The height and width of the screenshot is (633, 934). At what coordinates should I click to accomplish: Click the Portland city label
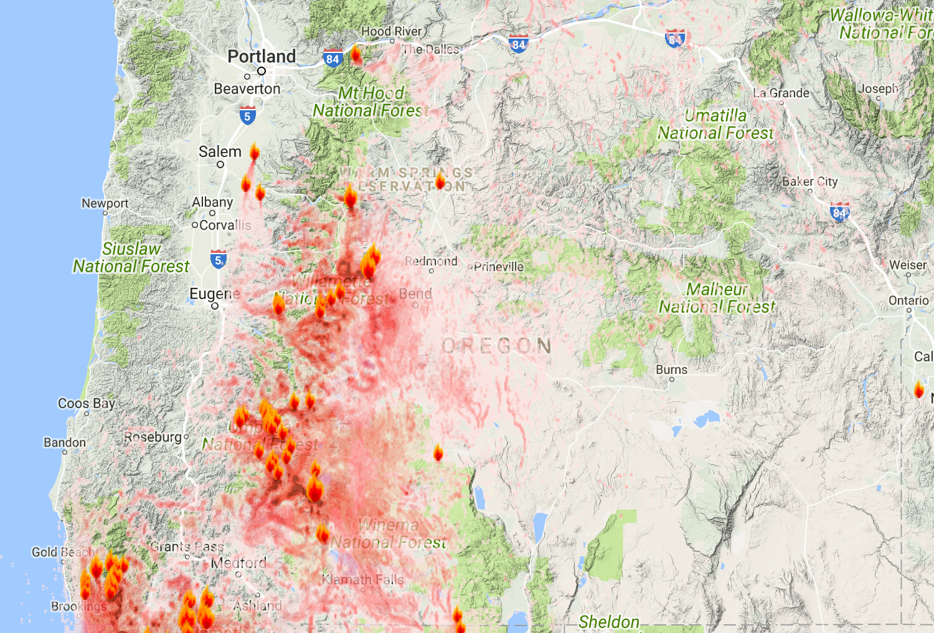262,57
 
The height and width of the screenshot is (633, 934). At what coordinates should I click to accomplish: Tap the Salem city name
220,151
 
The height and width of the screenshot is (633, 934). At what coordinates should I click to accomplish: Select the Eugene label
214,293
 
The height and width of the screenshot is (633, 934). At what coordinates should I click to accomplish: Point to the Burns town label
671,369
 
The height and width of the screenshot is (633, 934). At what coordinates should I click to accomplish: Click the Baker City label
809,181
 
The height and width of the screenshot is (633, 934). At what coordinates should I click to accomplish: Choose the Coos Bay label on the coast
87,403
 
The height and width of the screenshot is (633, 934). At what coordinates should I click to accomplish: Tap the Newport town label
105,203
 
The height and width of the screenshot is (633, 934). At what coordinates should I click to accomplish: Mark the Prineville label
498,267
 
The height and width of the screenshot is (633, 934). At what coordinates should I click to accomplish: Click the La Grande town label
781,93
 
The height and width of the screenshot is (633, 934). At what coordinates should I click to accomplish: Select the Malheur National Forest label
717,298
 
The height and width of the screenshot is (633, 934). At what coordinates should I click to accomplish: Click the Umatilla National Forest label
715,124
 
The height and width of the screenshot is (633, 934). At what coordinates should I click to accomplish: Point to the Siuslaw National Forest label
131,257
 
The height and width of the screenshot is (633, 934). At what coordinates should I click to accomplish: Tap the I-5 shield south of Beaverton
247,115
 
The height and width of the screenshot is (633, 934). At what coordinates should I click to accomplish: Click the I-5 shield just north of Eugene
218,260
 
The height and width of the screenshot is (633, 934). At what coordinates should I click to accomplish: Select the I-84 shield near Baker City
839,212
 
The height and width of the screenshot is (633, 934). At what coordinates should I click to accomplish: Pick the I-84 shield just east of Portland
333,59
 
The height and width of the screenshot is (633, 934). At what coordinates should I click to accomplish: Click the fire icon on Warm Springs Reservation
440,181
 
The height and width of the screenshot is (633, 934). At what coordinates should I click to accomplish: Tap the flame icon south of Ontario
918,390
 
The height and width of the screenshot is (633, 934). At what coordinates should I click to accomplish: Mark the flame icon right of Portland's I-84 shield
356,54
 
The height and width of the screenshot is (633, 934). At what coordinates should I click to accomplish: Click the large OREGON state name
496,346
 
